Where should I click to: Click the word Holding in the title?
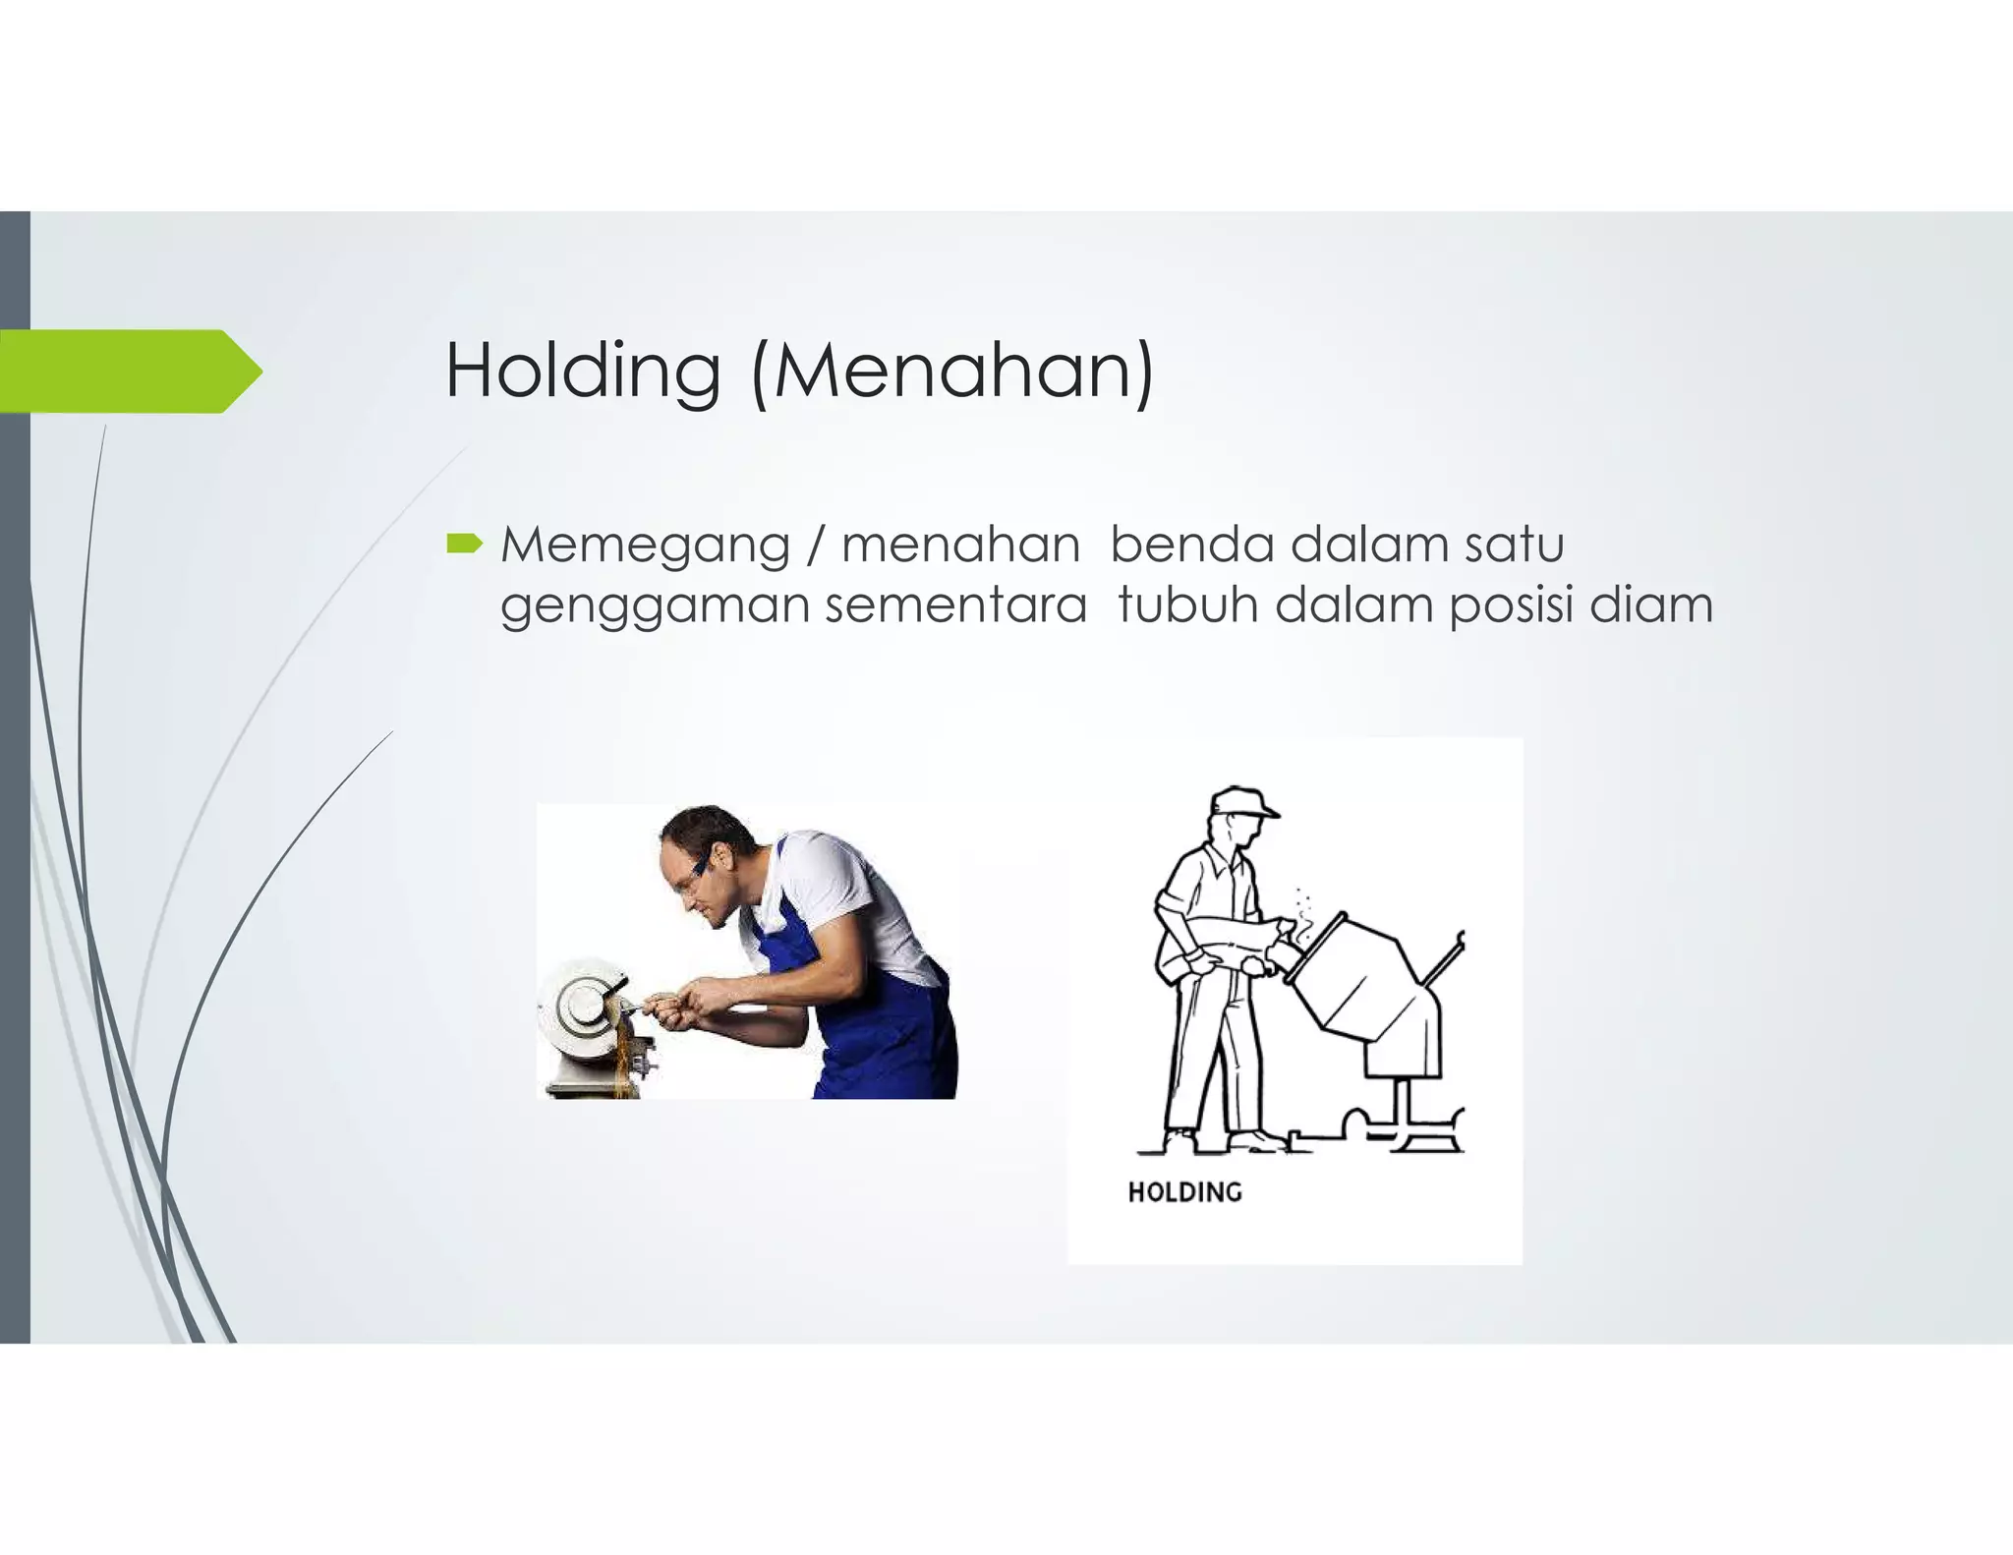pos(583,371)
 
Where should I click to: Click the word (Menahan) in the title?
pos(951,371)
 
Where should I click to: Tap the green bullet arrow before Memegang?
pos(463,544)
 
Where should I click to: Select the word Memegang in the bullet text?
pos(645,546)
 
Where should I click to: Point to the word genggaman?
pos(655,605)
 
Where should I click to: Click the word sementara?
pos(955,605)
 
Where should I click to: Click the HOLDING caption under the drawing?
pos(1184,1192)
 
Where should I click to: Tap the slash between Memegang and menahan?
pos(812,546)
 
